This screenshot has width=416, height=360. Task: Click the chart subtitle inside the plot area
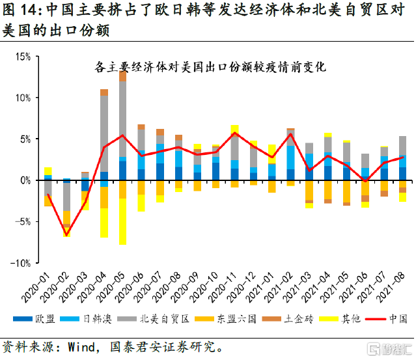[210, 67]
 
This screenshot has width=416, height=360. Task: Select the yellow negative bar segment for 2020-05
[122, 221]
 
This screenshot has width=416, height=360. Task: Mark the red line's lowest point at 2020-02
[66, 235]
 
